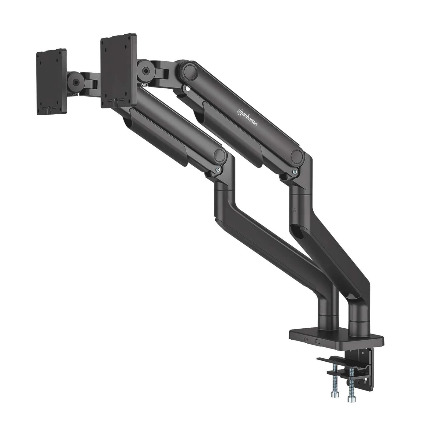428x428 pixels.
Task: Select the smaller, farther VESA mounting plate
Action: point(51,82)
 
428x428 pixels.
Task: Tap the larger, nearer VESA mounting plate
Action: point(118,71)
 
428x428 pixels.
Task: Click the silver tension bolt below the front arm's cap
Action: point(218,170)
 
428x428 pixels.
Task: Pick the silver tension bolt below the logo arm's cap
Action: point(294,172)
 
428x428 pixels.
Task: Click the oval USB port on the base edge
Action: point(306,340)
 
